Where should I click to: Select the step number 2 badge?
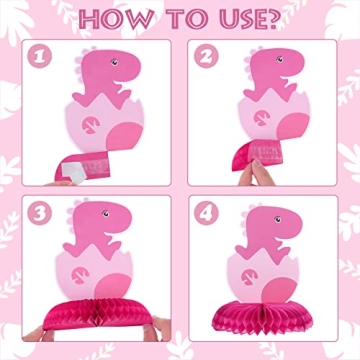point(207,58)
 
